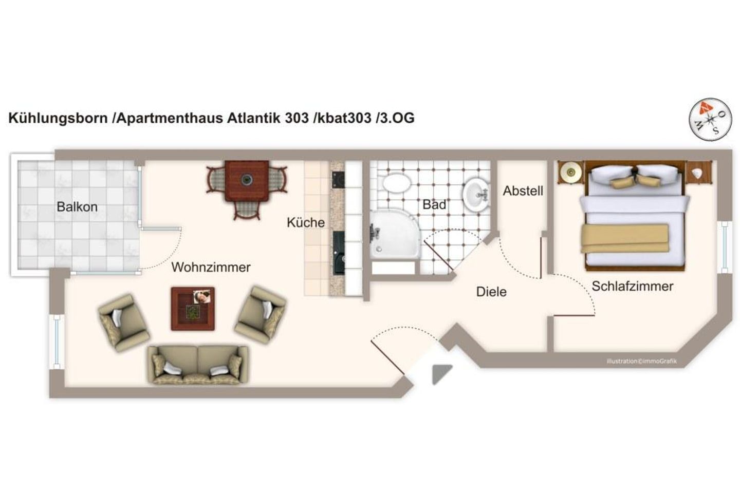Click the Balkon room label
click(77, 207)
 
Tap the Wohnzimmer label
click(211, 267)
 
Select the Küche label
click(306, 222)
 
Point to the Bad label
click(434, 204)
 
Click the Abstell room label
click(523, 191)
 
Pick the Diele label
click(491, 292)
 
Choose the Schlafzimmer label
click(632, 286)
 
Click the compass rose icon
click(710, 119)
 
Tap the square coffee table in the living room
click(193, 308)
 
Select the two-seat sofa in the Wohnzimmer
click(198, 365)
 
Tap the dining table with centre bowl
click(247, 180)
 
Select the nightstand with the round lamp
click(570, 172)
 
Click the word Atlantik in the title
click(253, 118)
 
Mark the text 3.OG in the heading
click(396, 118)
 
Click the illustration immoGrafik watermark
click(641, 361)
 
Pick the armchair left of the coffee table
click(123, 323)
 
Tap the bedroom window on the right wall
click(725, 246)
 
